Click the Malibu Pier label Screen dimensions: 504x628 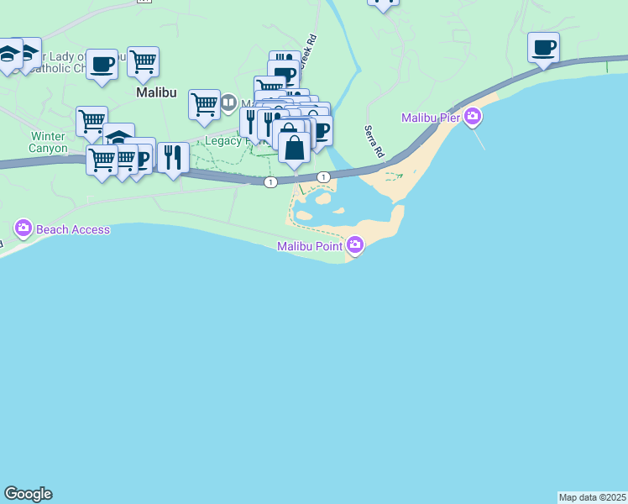pyautogui.click(x=431, y=118)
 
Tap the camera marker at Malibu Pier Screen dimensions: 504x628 pyautogui.click(x=474, y=117)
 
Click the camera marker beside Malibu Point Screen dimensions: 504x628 pyautogui.click(x=356, y=245)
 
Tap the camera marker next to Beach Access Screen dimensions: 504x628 pyautogui.click(x=23, y=228)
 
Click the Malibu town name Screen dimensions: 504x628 pyautogui.click(x=155, y=93)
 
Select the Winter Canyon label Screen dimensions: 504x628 pyautogui.click(x=49, y=142)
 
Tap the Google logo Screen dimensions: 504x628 pyautogui.click(x=28, y=494)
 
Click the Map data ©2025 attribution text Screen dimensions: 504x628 pyautogui.click(x=593, y=497)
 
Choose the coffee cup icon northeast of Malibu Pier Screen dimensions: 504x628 pyautogui.click(x=544, y=47)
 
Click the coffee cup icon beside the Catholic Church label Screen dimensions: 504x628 pyautogui.click(x=102, y=64)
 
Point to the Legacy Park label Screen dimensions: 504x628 pyautogui.click(x=225, y=140)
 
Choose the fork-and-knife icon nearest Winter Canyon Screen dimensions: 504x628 pyautogui.click(x=172, y=157)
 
